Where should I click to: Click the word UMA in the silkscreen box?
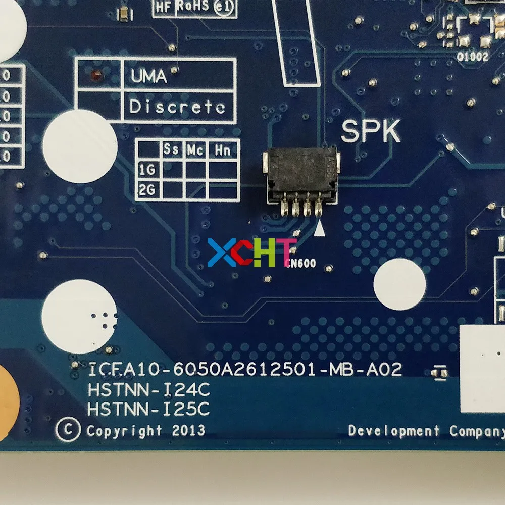[148, 76]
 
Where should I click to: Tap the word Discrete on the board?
[177, 107]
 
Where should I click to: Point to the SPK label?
[371, 132]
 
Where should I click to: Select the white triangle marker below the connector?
[319, 230]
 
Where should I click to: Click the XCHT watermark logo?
[251, 253]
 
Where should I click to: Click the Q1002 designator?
[473, 57]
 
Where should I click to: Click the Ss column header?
[171, 150]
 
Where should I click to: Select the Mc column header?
[195, 150]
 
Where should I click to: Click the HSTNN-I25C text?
[148, 409]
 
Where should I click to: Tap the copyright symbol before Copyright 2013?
[69, 431]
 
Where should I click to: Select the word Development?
[393, 431]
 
